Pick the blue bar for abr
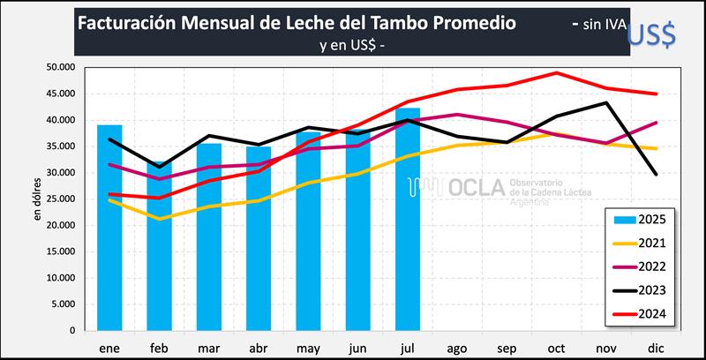point(259,238)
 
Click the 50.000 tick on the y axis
point(61,67)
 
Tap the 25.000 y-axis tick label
point(61,199)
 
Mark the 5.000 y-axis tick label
point(64,304)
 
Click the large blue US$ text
point(651,33)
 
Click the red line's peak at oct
point(557,73)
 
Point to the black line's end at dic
point(656,174)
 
